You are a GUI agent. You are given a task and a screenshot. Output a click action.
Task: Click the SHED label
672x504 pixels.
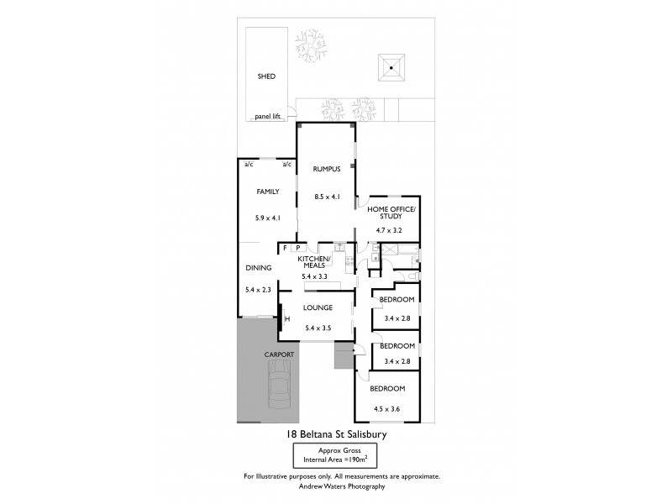(x=266, y=76)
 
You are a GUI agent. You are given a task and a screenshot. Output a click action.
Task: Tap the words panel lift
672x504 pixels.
(x=267, y=118)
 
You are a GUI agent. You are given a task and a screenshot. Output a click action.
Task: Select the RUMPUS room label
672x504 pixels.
(x=326, y=169)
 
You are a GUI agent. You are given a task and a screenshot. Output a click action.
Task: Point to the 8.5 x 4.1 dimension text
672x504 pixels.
(x=326, y=197)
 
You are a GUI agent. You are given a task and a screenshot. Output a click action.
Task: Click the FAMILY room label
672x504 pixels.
(x=267, y=192)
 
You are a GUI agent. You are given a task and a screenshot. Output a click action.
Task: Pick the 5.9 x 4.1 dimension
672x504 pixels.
(x=267, y=218)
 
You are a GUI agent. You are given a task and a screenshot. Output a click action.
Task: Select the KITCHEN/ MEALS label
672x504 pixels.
(x=316, y=262)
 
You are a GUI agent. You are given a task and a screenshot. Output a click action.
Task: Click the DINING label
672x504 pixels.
(x=258, y=268)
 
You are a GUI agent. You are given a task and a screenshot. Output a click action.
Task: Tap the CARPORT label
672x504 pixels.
(x=279, y=355)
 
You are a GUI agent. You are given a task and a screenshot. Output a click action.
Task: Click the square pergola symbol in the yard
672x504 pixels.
(x=391, y=66)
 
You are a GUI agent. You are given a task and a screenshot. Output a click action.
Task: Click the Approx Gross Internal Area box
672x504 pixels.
(x=335, y=456)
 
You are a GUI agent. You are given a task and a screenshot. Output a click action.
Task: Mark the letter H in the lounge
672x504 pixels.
(x=286, y=318)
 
